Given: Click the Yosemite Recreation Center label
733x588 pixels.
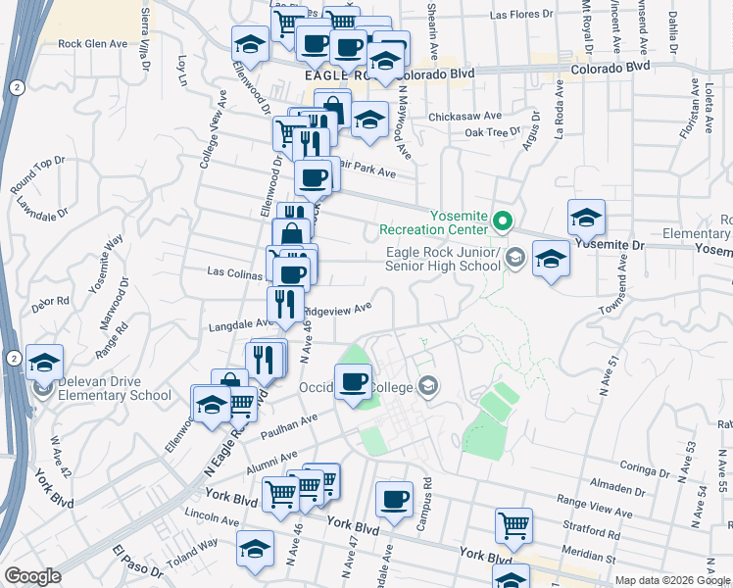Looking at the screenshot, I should [x=433, y=222].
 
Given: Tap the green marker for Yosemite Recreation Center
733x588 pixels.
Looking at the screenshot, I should [x=503, y=220].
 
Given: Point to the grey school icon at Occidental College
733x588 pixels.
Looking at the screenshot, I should [x=426, y=386].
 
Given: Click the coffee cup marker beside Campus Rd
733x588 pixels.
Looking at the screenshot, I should [x=395, y=500].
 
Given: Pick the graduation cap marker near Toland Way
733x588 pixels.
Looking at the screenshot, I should [x=256, y=549].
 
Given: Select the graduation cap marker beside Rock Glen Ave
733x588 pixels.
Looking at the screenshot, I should [x=250, y=44].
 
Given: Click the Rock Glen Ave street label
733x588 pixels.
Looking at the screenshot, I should [x=93, y=44].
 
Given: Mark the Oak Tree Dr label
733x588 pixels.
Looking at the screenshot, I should [x=493, y=132].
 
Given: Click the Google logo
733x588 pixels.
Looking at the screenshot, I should [x=32, y=576].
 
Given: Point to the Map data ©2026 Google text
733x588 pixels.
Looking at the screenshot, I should [x=671, y=580].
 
